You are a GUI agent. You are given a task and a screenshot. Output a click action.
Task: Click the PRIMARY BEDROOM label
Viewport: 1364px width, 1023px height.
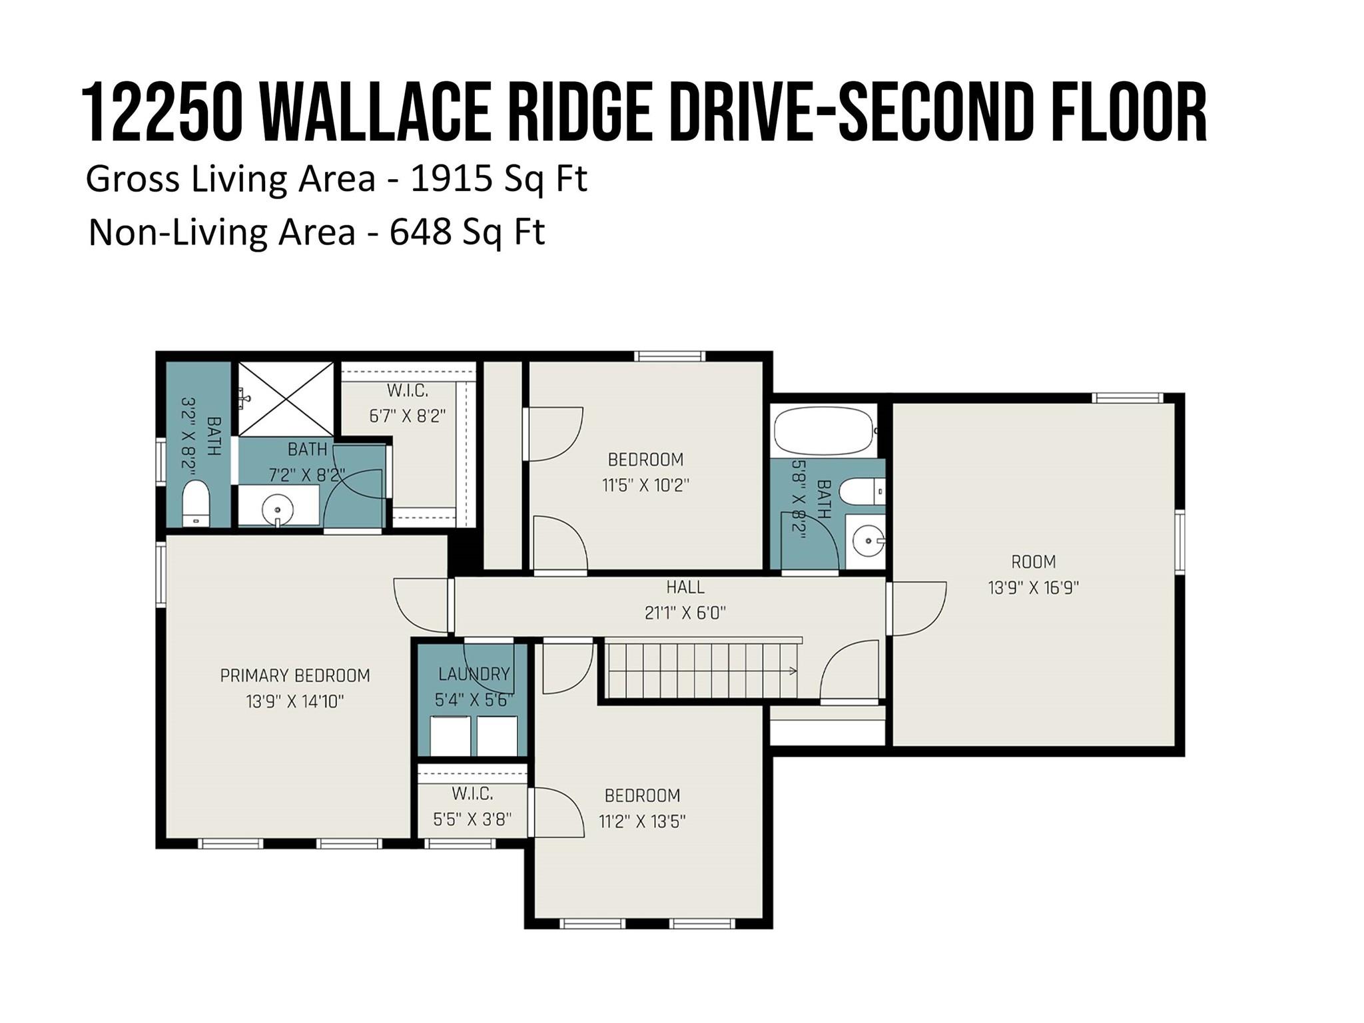(x=295, y=675)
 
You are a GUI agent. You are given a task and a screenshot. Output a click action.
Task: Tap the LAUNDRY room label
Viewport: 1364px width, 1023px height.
(x=474, y=674)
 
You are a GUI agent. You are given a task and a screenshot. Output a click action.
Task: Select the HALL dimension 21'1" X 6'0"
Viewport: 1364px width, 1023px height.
(x=685, y=613)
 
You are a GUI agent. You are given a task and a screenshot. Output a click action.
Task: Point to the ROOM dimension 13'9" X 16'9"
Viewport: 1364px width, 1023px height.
(x=1033, y=588)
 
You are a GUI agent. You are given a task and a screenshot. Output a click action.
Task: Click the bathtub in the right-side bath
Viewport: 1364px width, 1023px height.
(x=823, y=430)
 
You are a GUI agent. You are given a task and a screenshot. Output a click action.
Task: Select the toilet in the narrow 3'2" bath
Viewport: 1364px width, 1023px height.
(x=196, y=503)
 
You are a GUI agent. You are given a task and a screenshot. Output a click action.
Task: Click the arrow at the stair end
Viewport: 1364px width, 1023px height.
(x=793, y=671)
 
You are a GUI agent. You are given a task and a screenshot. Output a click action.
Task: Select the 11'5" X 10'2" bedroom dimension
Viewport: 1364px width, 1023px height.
(x=645, y=485)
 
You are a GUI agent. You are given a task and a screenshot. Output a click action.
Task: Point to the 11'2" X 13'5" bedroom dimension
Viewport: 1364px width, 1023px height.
(x=642, y=821)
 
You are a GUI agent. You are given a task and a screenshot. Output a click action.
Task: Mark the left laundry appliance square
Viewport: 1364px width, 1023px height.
(x=450, y=736)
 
